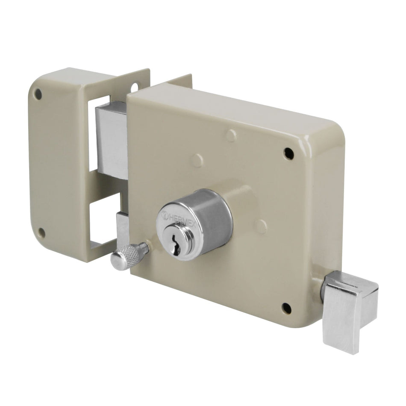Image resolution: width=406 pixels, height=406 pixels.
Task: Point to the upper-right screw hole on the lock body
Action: [x=288, y=153]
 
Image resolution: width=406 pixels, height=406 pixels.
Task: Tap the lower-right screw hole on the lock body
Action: [x=286, y=307]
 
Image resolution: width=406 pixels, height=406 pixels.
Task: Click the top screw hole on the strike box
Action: [x=38, y=94]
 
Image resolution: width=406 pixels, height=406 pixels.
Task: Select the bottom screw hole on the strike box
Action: [x=41, y=233]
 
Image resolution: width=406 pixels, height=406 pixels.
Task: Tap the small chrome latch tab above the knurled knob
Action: [x=122, y=227]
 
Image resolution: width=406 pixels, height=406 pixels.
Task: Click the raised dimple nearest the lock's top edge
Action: [x=231, y=135]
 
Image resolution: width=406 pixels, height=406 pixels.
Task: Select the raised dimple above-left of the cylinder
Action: [x=197, y=161]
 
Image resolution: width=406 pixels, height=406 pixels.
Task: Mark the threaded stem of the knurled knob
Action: [x=145, y=248]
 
